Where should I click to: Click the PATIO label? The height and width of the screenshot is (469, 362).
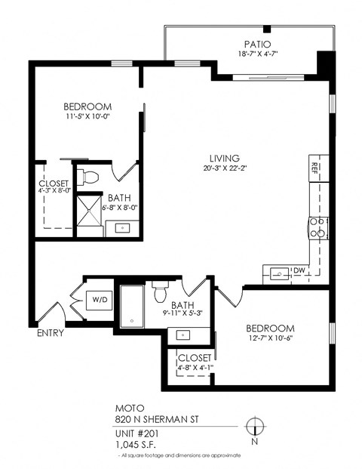[256, 44]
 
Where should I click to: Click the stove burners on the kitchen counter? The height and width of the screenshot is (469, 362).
[318, 227]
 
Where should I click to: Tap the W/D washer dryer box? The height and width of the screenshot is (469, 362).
[100, 299]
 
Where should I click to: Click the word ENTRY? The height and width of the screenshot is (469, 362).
[49, 333]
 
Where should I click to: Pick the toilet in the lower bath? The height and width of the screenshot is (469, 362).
[159, 289]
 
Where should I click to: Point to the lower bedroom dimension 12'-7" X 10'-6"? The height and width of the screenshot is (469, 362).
[270, 338]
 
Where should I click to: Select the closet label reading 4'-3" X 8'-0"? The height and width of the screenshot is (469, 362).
[54, 191]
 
